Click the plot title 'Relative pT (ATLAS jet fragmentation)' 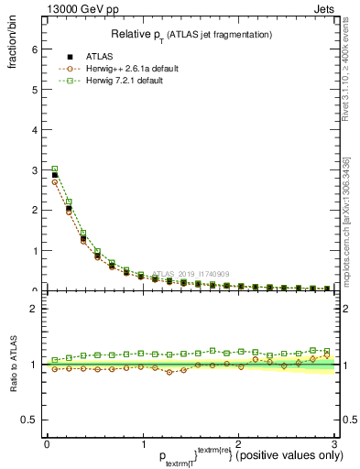[x=191, y=35]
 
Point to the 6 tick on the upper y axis [x=34, y=49]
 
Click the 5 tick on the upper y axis [x=34, y=90]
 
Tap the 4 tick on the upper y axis [x=34, y=130]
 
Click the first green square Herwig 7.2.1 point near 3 [x=54, y=169]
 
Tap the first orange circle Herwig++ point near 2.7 [x=54, y=181]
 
